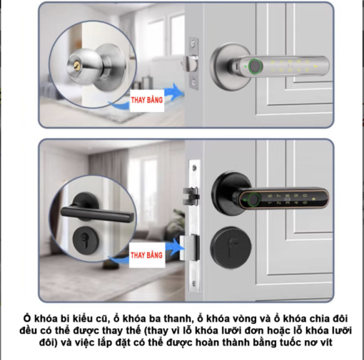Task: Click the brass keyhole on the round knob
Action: [x=76, y=66]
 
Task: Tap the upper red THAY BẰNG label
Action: [x=147, y=100]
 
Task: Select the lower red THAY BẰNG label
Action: [x=146, y=255]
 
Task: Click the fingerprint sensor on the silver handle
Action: [x=255, y=66]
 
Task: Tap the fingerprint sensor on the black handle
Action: [x=254, y=200]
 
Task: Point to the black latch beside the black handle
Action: [x=191, y=196]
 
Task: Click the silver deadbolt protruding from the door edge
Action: [x=189, y=247]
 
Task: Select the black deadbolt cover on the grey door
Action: [x=231, y=247]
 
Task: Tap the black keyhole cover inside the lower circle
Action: [x=86, y=240]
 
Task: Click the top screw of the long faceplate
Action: [x=195, y=168]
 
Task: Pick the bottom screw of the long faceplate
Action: [x=194, y=284]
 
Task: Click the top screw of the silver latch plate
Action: [x=193, y=43]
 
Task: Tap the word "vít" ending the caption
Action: [x=326, y=342]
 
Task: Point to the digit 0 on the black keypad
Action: [x=305, y=195]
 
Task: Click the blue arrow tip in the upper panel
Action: [x=183, y=93]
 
